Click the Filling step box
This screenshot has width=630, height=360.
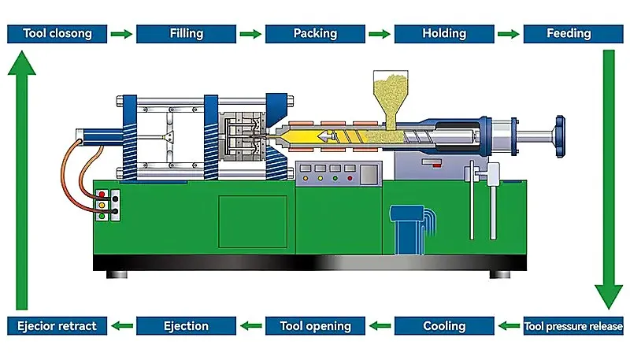point(186,34)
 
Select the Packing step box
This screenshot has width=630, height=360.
point(316,34)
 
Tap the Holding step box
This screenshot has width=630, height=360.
point(444,34)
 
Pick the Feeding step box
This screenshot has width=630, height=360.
point(573,34)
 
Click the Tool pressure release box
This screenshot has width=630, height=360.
point(573,326)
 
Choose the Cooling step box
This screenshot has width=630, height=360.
point(444,326)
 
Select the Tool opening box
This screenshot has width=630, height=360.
point(316,326)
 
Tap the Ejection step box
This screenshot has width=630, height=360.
point(186,326)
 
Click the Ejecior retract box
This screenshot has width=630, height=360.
point(57,326)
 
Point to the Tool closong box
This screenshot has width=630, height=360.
point(57,34)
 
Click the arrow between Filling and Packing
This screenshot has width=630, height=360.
point(250,34)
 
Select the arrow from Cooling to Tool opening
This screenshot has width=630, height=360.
point(380,326)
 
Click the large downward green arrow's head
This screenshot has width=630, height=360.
point(609,295)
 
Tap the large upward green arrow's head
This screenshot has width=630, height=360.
point(22,63)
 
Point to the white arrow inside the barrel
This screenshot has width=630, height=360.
point(328,136)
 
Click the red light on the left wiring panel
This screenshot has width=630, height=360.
point(102,195)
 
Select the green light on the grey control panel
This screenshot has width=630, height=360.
point(335,178)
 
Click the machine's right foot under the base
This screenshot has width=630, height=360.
point(500,274)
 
